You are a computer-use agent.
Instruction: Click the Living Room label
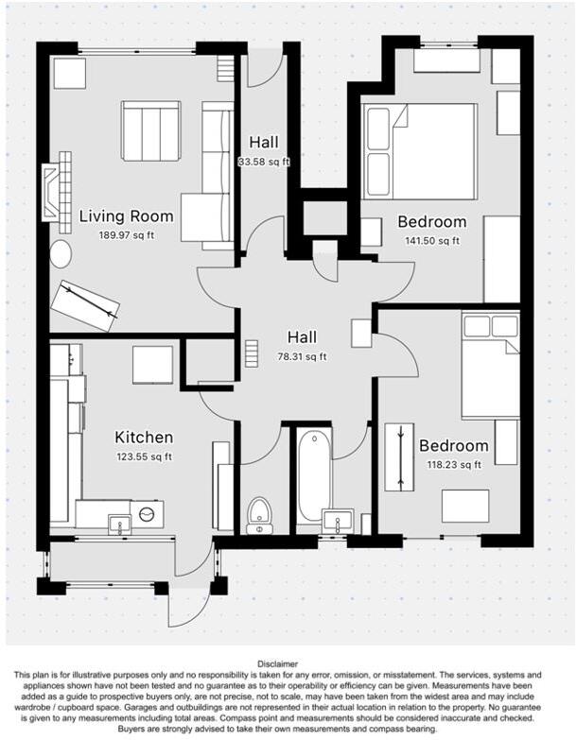(126, 216)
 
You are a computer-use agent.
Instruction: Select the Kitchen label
(144, 438)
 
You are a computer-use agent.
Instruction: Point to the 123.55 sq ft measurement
(144, 456)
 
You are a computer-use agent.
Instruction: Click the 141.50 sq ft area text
(431, 240)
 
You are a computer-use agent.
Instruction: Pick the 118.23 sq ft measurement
(453, 464)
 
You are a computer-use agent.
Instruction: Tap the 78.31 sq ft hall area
(302, 356)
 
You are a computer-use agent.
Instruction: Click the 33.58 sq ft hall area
(264, 162)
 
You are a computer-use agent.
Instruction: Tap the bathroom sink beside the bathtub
(336, 521)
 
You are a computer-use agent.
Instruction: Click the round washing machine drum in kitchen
(147, 514)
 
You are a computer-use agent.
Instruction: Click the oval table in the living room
(61, 253)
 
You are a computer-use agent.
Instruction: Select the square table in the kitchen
(151, 365)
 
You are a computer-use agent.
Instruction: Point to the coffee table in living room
(149, 131)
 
